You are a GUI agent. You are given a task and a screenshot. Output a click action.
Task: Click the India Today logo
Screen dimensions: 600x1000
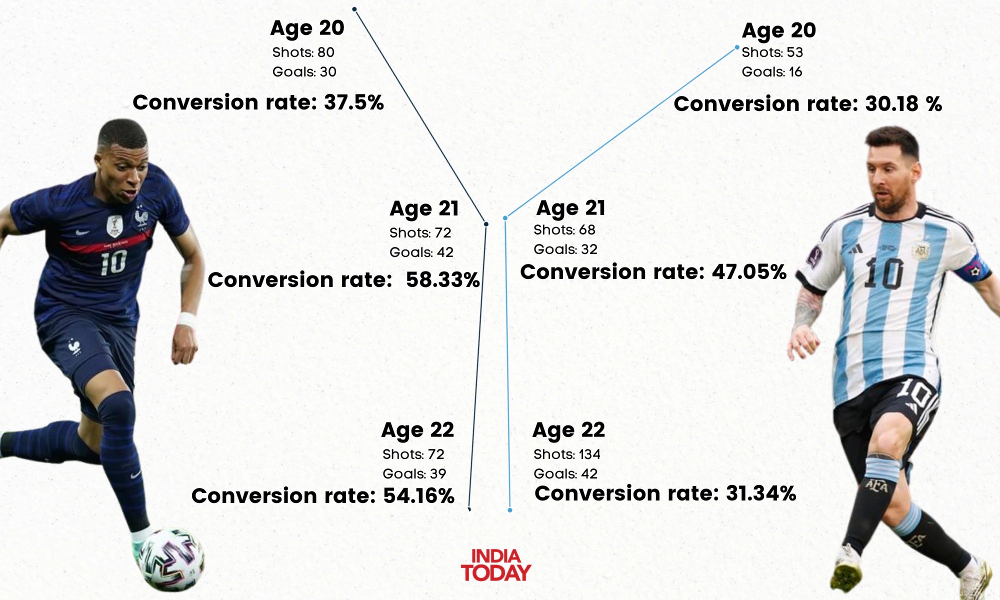[495, 565]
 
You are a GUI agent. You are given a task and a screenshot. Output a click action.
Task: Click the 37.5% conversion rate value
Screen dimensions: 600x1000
[353, 102]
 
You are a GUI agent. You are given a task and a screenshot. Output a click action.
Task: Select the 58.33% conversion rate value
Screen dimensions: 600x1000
[442, 280]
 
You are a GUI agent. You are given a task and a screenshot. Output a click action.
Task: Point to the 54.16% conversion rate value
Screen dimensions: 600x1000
[418, 495]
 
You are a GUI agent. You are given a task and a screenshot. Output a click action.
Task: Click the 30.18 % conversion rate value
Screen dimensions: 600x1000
[903, 104]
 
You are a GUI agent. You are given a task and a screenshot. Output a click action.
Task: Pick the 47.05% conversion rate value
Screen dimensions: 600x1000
[749, 272]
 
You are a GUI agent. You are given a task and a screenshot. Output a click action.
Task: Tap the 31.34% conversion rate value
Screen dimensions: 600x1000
[760, 493]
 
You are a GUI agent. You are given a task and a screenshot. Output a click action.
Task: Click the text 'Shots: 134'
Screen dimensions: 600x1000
[566, 454]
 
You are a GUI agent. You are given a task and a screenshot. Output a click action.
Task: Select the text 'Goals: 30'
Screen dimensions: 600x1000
[304, 71]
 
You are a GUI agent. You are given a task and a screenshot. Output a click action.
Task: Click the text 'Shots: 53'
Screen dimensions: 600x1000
[772, 52]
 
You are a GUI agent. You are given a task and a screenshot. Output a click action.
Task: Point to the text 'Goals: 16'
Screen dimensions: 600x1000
[771, 71]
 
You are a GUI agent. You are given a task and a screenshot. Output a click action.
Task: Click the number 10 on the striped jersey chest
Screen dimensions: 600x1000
[883, 274]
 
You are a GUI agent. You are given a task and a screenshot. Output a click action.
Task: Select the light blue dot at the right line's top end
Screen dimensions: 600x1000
[736, 47]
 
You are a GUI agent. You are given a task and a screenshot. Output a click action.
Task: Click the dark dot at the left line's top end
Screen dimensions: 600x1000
[354, 9]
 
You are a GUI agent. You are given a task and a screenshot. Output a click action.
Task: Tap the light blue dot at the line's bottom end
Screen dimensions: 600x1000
[510, 510]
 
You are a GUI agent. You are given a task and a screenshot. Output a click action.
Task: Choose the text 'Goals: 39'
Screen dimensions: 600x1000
[414, 473]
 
